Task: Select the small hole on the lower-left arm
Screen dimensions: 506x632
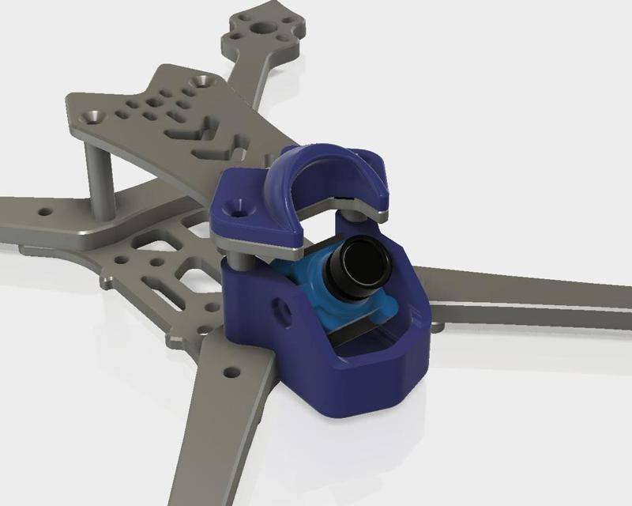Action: click(x=231, y=371)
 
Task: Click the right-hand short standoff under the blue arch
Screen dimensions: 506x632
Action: click(x=352, y=213)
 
